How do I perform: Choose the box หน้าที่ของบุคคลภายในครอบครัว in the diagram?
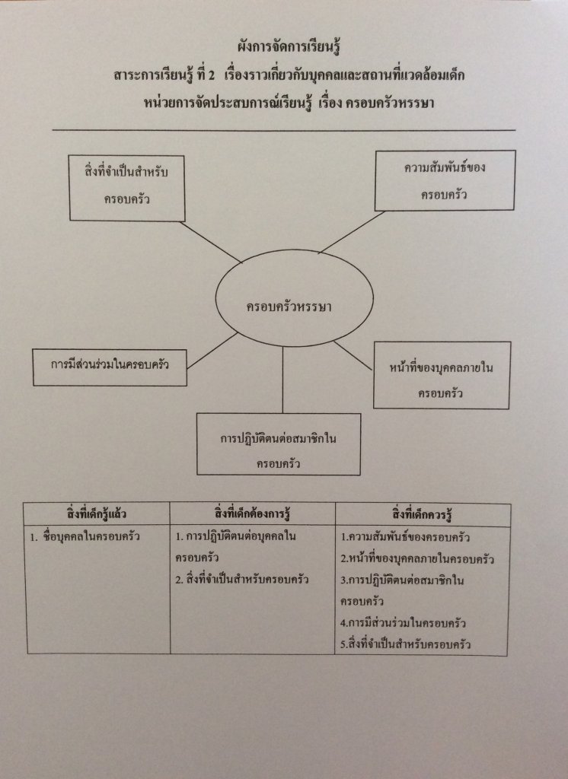[x=441, y=374]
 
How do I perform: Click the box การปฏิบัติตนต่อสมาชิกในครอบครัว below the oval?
[x=278, y=444]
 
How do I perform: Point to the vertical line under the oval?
[x=282, y=380]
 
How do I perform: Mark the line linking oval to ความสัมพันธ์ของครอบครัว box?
[x=351, y=232]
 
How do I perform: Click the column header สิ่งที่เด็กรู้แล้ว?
[x=97, y=514]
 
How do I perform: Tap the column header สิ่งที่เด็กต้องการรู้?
[x=252, y=514]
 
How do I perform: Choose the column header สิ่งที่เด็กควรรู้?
[x=422, y=514]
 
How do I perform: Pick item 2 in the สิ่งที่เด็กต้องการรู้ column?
[x=241, y=580]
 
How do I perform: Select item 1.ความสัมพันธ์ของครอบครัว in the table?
[x=404, y=537]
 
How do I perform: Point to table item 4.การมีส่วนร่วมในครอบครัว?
[x=403, y=624]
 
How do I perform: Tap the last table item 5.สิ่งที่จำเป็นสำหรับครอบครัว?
[x=404, y=645]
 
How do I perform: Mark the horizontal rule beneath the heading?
[x=283, y=130]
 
